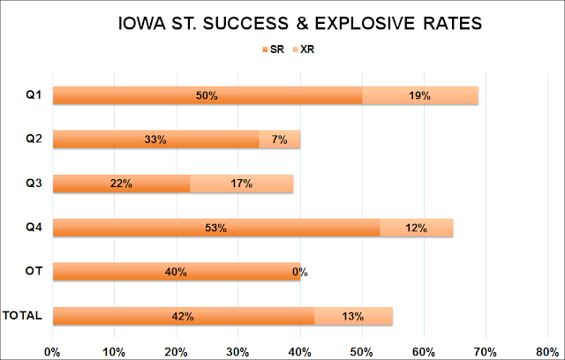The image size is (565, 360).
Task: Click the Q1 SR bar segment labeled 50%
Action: (x=207, y=95)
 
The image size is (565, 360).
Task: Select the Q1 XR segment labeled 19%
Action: (x=420, y=95)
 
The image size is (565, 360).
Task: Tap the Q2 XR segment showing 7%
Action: (x=280, y=139)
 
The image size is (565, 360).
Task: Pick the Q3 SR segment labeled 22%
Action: (x=122, y=184)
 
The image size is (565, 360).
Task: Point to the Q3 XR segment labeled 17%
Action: (x=241, y=184)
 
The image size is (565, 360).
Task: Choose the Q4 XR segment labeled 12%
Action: (x=417, y=228)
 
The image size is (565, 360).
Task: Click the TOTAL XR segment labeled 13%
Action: (x=353, y=316)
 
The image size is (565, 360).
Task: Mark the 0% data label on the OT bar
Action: (x=300, y=272)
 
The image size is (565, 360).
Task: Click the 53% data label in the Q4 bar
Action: (x=215, y=228)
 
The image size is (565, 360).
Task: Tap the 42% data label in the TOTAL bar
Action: (x=183, y=316)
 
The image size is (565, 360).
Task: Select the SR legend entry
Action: (x=273, y=49)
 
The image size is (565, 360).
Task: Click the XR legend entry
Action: (x=304, y=49)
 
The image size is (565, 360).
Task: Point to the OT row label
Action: (x=34, y=271)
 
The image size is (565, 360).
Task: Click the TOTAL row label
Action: (x=22, y=315)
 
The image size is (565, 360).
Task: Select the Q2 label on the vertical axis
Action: (x=34, y=139)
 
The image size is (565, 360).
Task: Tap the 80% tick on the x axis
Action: (x=547, y=352)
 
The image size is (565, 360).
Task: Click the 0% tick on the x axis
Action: (x=52, y=352)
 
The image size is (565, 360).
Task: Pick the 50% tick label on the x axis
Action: (x=362, y=352)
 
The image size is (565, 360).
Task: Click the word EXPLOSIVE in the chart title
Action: (x=365, y=24)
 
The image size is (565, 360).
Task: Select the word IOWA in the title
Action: (x=142, y=24)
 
